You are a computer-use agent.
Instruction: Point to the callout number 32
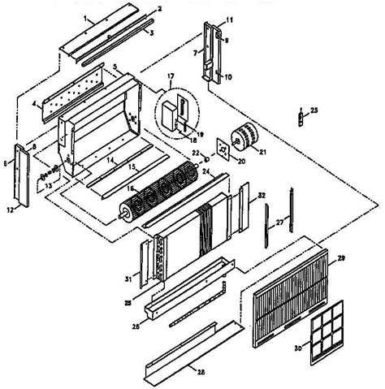tap(262, 196)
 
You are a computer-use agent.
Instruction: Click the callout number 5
tap(115, 66)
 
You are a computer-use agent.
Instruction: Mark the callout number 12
tap(10, 210)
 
